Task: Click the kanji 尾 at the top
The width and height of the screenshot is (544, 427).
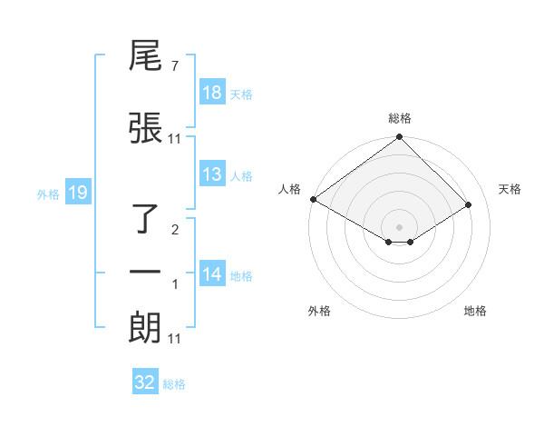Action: click(146, 59)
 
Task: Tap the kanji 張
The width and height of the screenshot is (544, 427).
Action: click(146, 128)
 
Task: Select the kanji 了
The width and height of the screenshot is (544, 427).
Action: click(146, 219)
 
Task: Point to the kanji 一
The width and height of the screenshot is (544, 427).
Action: click(146, 273)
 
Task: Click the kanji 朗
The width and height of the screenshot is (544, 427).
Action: click(146, 328)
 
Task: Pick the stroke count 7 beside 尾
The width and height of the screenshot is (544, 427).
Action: click(174, 67)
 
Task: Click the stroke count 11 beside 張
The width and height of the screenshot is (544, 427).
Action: click(175, 138)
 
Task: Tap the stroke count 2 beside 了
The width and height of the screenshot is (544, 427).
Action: click(175, 230)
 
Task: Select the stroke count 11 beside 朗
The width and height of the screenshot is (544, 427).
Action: click(175, 339)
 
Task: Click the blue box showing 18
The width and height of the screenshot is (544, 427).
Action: click(212, 94)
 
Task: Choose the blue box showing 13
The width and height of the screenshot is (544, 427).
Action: click(212, 175)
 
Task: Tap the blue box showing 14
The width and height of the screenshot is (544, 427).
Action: click(212, 275)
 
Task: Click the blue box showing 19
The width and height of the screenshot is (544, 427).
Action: click(78, 193)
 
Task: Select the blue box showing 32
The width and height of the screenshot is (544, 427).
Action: click(145, 382)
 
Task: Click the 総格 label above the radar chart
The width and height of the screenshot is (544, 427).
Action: click(399, 118)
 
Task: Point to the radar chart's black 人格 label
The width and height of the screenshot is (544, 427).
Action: click(290, 188)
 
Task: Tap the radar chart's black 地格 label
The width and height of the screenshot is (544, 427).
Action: click(475, 311)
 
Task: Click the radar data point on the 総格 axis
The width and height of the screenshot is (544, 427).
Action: click(399, 138)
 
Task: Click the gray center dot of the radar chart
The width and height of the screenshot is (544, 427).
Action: click(399, 227)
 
